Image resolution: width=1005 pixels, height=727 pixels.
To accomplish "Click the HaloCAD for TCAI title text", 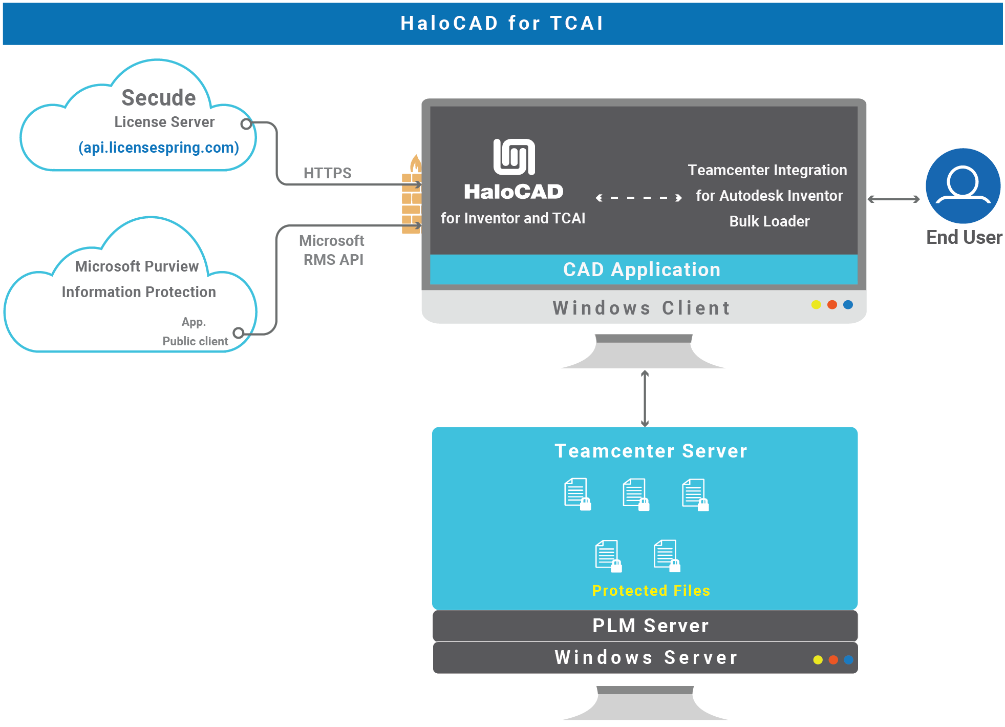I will point(502,24).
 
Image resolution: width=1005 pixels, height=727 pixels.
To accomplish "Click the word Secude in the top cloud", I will point(159,98).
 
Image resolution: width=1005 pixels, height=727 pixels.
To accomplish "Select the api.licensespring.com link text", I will point(159,148).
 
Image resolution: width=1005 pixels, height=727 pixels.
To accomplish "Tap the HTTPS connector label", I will point(327,173).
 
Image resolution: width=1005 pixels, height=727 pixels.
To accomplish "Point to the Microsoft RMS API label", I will point(332,250).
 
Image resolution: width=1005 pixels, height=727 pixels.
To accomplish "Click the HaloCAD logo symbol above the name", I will point(514,157).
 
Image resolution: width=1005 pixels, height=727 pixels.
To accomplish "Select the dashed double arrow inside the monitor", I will point(639,198).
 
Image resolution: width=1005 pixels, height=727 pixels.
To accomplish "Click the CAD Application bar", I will point(643,269).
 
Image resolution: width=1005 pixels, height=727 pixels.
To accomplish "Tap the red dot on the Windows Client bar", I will point(832,305).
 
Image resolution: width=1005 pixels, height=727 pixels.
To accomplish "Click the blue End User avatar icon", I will point(963,185).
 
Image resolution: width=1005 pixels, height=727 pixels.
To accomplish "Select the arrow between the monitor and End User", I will point(893,199).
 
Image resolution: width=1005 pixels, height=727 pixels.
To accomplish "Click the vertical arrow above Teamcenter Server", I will point(645,399).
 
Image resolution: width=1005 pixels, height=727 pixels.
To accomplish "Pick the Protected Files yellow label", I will point(651,591).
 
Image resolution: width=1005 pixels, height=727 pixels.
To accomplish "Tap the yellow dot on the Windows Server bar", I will point(818,660).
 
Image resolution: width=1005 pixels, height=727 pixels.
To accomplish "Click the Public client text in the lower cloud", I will point(195,341).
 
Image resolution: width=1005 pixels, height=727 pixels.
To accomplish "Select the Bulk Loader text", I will point(769,221).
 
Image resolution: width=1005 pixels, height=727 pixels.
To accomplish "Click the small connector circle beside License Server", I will point(246,124).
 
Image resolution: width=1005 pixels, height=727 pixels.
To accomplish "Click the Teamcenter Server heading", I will point(651,451).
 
